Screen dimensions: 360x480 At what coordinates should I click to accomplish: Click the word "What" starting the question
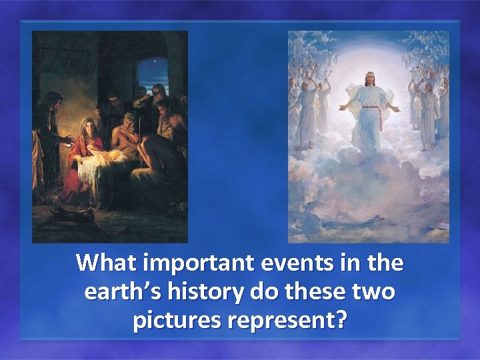(107, 264)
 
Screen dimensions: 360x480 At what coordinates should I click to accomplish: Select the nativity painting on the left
(110, 137)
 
